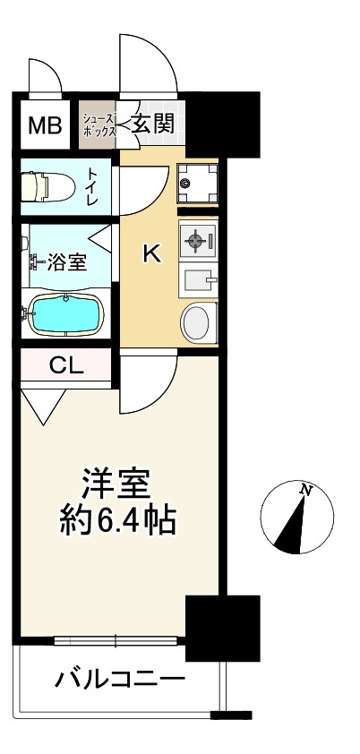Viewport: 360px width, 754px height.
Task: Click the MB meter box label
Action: pyautogui.click(x=44, y=125)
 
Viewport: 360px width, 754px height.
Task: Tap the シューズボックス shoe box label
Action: pyautogui.click(x=99, y=124)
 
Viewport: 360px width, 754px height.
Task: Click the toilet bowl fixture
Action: pyautogui.click(x=45, y=185)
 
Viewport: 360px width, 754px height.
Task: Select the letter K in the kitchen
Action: pyautogui.click(x=152, y=255)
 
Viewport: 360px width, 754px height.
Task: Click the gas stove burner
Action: pyautogui.click(x=197, y=241)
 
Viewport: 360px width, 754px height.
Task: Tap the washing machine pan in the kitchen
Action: pyautogui.click(x=197, y=183)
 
